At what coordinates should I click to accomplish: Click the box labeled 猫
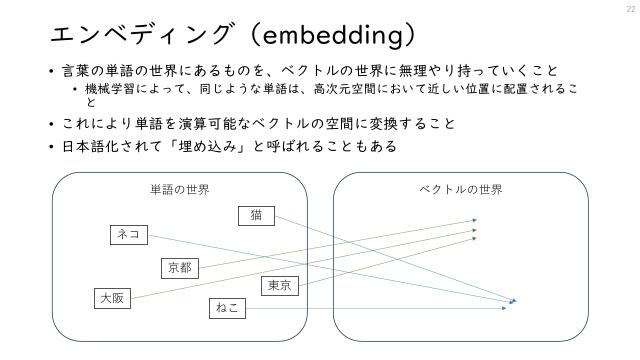(x=257, y=215)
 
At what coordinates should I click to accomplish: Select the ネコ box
(x=128, y=235)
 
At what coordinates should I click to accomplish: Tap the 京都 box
(x=180, y=267)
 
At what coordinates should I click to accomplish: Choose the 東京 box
(x=280, y=286)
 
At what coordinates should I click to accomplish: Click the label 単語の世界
(x=179, y=190)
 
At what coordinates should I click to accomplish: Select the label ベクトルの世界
(x=460, y=190)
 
